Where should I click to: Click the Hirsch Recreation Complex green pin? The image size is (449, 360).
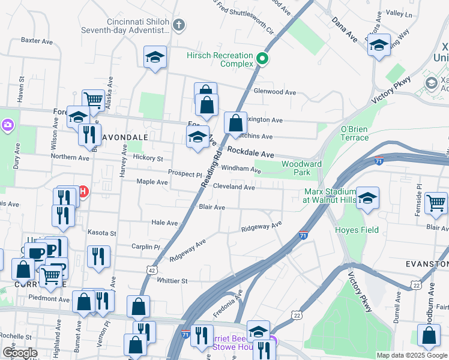pos(262,58)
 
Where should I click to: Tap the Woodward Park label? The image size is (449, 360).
pos(301,168)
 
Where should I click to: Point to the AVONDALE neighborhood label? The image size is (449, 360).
pos(123,137)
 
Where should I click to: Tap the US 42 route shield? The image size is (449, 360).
pos(152,271)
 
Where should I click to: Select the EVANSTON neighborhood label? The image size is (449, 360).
pos(427,264)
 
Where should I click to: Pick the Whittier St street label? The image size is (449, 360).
pos(172,280)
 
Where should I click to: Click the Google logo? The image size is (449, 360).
pos(20,353)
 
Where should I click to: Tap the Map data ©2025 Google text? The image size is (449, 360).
pos(411,355)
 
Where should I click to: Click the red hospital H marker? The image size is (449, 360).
pos(83,192)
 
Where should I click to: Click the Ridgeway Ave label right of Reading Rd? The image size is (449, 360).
pos(261,227)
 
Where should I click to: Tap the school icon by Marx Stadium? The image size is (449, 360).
pos(367,197)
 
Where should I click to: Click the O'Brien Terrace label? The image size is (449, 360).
pos(354,133)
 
